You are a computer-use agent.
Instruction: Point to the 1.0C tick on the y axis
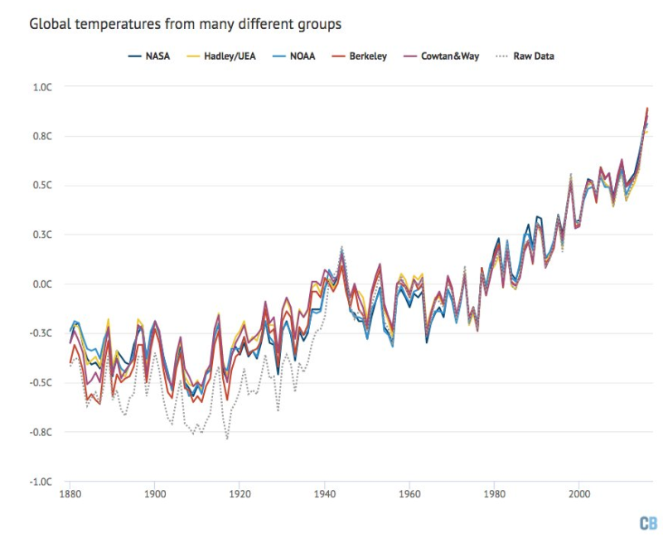click(x=41, y=86)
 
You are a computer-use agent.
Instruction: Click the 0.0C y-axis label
click(x=41, y=284)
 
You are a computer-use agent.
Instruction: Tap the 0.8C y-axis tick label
click(x=41, y=136)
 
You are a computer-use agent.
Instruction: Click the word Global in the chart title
click(x=51, y=24)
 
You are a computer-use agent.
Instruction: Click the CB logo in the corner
click(x=647, y=523)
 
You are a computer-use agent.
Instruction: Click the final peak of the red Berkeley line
click(x=647, y=108)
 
